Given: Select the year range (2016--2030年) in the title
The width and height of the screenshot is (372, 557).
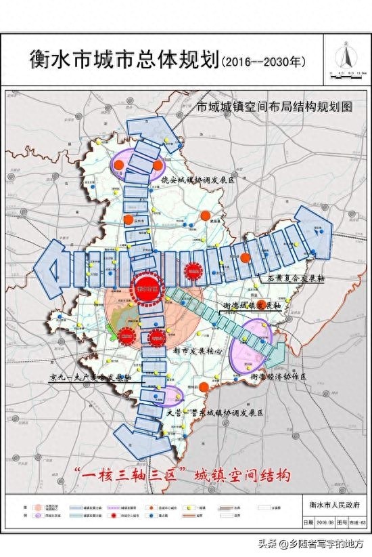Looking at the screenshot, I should [264, 62].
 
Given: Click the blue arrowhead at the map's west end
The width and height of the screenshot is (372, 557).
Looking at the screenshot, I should [51, 270].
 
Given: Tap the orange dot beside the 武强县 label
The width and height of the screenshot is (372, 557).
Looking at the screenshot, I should [206, 215].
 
